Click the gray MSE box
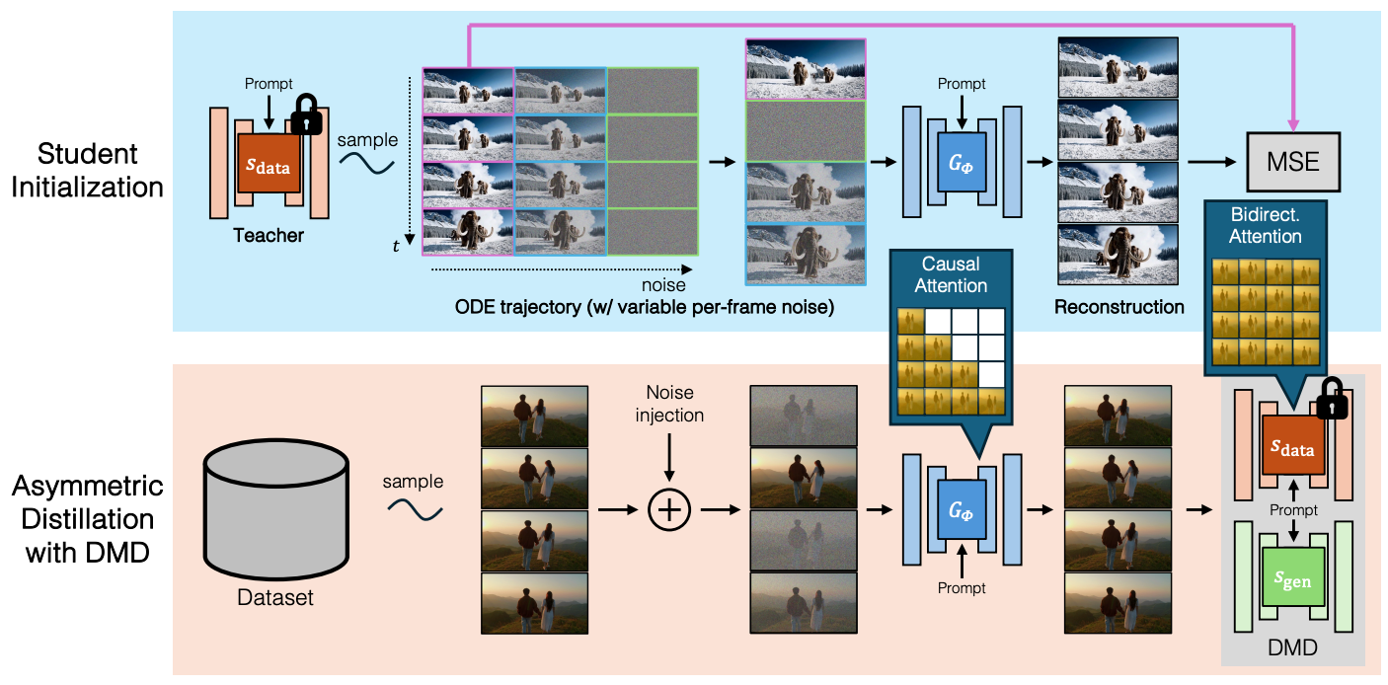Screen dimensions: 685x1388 click(x=1292, y=160)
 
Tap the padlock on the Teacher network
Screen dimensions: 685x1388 click(x=306, y=115)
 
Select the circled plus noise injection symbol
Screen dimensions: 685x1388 click(x=669, y=509)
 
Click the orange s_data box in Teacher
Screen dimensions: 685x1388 click(x=269, y=166)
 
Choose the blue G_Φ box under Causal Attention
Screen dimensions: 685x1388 click(x=961, y=510)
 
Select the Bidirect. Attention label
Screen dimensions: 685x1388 click(x=1266, y=226)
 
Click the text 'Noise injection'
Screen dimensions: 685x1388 click(x=674, y=404)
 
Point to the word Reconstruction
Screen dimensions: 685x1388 click(x=1118, y=307)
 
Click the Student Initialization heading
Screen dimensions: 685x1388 click(x=87, y=170)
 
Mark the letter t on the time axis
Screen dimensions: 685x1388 click(x=396, y=247)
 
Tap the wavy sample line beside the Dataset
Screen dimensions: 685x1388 click(x=413, y=509)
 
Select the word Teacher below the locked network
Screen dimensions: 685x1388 click(x=268, y=237)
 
